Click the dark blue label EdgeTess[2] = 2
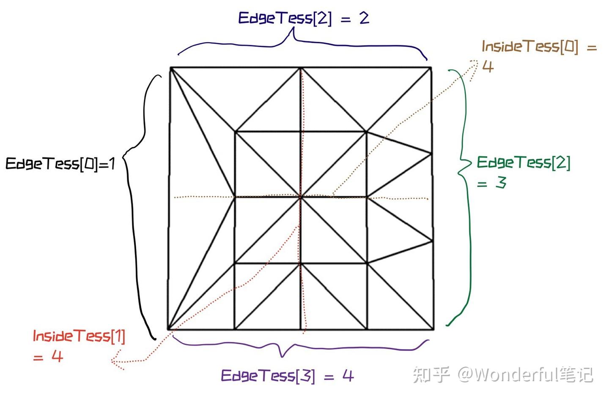[303, 18]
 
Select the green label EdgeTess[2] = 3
[523, 171]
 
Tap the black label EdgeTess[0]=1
[60, 163]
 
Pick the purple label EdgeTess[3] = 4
[287, 375]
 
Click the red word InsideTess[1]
[79, 337]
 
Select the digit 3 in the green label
[501, 183]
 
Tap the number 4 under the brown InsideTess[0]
[488, 66]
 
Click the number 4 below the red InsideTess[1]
[57, 356]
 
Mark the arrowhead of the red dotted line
[114, 361]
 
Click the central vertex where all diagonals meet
[301, 197]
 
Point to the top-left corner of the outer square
[170, 68]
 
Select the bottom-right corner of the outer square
[433, 329]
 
